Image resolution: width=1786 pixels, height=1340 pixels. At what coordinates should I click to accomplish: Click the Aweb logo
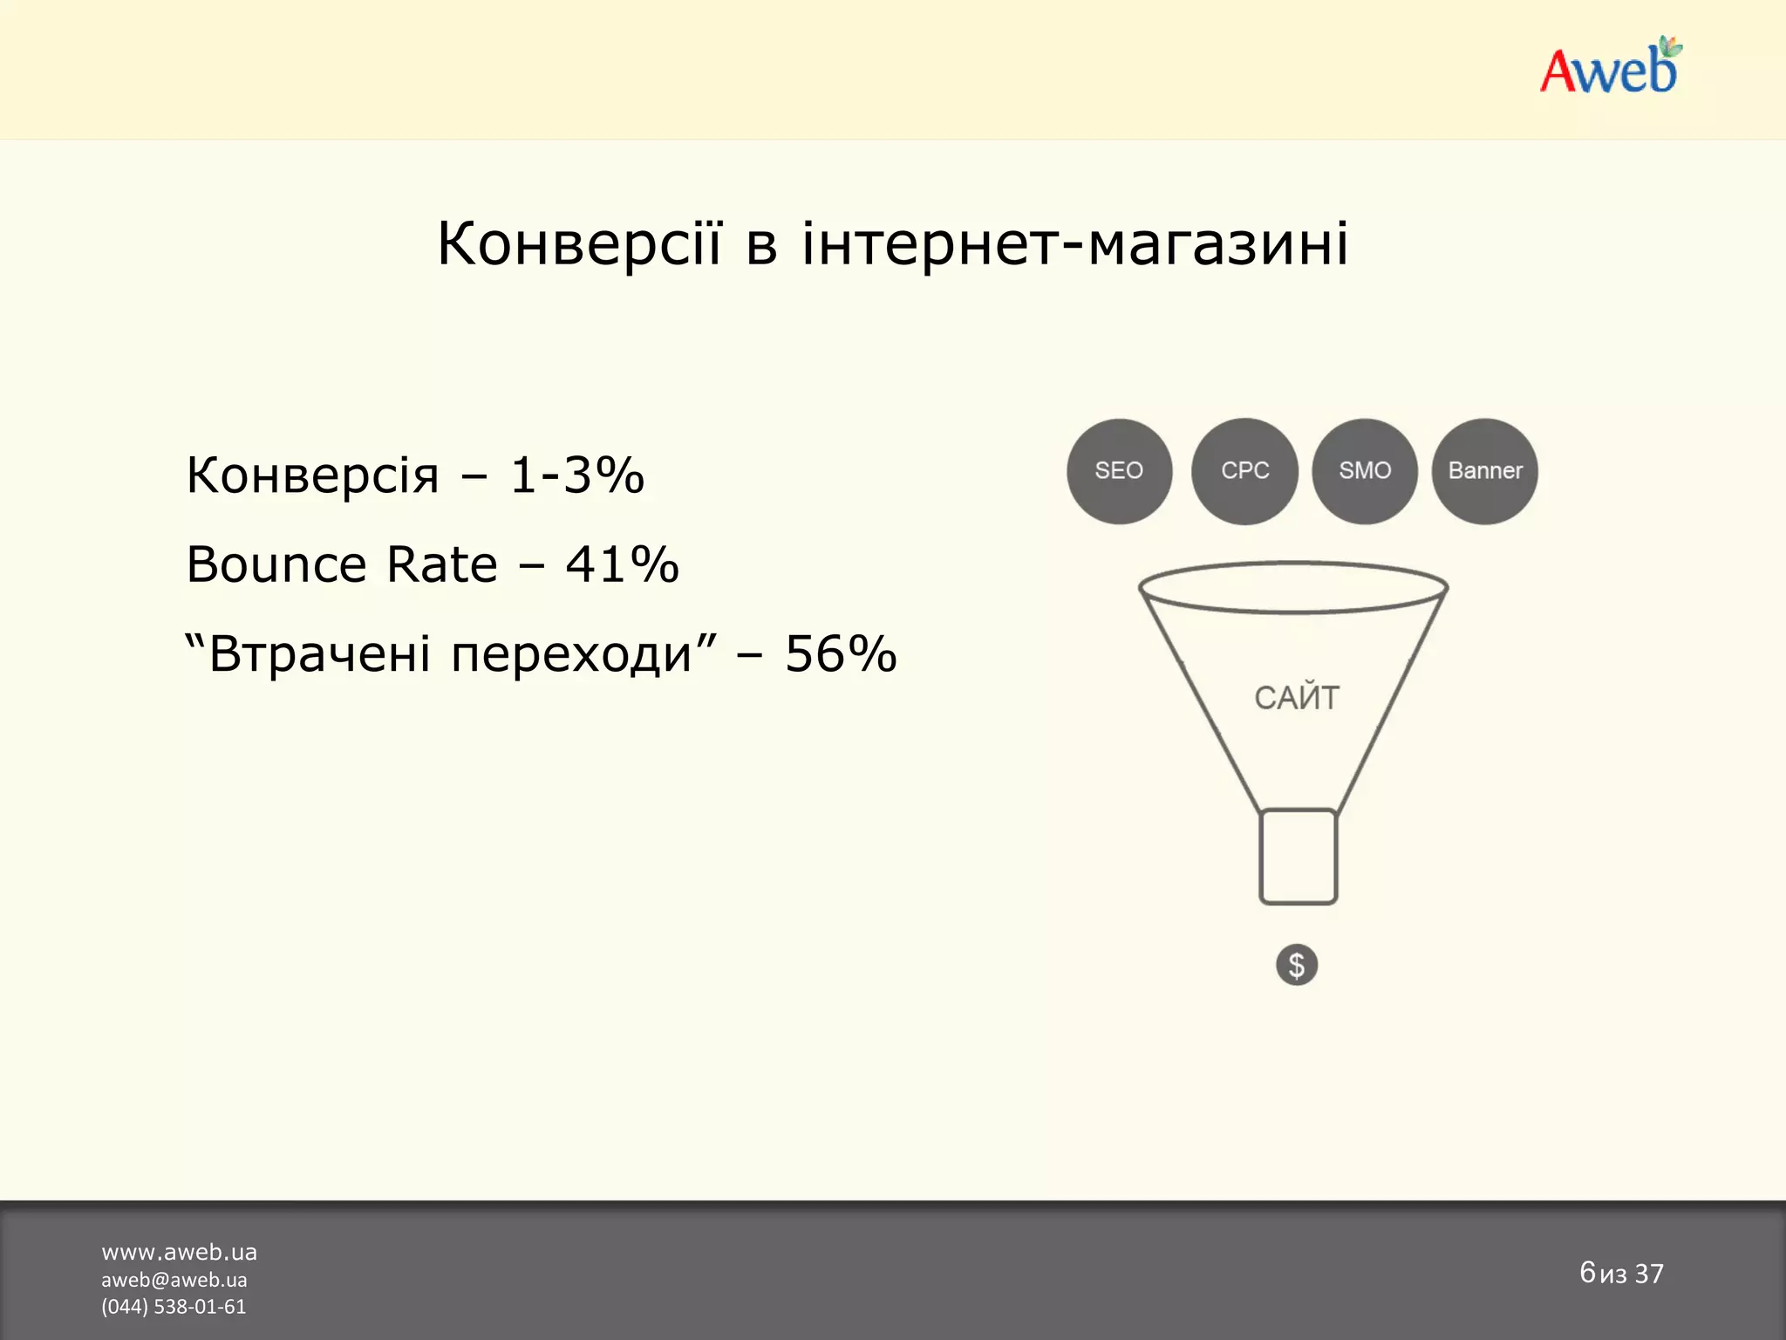click(1610, 68)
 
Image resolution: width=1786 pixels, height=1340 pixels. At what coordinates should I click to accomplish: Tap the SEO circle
click(1119, 471)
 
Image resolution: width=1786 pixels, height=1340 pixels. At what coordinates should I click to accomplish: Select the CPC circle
click(1244, 471)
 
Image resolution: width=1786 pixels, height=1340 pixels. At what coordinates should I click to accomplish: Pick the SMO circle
click(1365, 471)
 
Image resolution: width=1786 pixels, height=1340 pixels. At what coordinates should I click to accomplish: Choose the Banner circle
click(1484, 471)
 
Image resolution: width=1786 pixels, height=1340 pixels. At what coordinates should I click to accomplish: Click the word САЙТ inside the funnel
click(1297, 698)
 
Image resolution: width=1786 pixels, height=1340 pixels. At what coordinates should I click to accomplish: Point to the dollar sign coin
click(1297, 965)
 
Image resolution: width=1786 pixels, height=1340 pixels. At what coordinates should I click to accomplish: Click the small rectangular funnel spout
click(1298, 857)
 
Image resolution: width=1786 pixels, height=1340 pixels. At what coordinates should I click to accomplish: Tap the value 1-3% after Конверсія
click(576, 475)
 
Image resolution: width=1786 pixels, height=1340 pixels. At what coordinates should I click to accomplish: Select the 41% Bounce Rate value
click(622, 564)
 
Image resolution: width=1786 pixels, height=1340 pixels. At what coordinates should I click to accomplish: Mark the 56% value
click(841, 653)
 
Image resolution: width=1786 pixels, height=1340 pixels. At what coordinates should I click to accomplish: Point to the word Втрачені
click(319, 653)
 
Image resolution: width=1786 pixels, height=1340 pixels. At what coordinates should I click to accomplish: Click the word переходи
click(571, 655)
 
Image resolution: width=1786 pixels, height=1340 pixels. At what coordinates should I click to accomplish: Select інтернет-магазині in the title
click(1075, 243)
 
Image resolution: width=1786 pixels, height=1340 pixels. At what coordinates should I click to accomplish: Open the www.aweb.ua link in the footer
click(179, 1253)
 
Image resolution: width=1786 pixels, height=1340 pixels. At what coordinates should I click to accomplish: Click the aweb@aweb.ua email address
click(174, 1280)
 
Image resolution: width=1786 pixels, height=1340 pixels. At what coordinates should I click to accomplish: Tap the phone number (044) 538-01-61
click(174, 1307)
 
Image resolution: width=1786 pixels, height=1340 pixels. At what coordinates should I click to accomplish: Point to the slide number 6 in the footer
click(1587, 1272)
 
